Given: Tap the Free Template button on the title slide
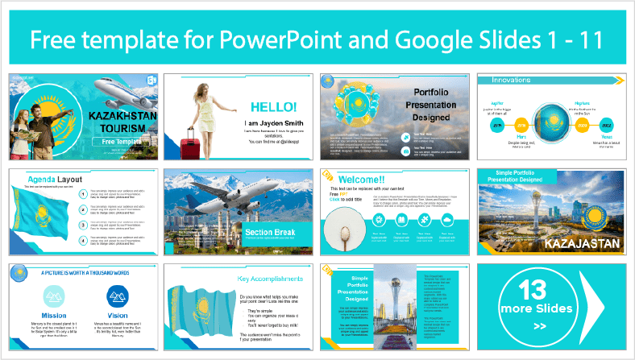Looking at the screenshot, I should click(x=119, y=141).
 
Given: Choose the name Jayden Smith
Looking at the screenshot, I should click(x=264, y=122).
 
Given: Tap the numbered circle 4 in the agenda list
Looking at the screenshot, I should click(x=83, y=241).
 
